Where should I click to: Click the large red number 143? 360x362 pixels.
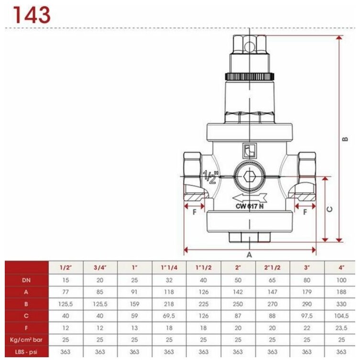pyautogui.click(x=32, y=15)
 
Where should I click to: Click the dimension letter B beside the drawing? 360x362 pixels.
pyautogui.click(x=345, y=139)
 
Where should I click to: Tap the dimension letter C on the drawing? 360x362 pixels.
pyautogui.click(x=330, y=209)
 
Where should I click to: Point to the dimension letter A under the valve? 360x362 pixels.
pyautogui.click(x=249, y=255)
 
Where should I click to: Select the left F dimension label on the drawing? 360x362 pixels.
pyautogui.click(x=195, y=212)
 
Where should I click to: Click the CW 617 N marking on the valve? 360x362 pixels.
pyautogui.click(x=250, y=206)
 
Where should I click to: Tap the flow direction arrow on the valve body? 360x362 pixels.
pyautogui.click(x=250, y=198)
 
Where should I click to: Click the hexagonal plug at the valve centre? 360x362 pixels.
pyautogui.click(x=250, y=177)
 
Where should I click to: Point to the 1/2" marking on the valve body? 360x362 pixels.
pyautogui.click(x=210, y=177)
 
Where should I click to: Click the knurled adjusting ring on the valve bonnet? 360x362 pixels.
pyautogui.click(x=250, y=77)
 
